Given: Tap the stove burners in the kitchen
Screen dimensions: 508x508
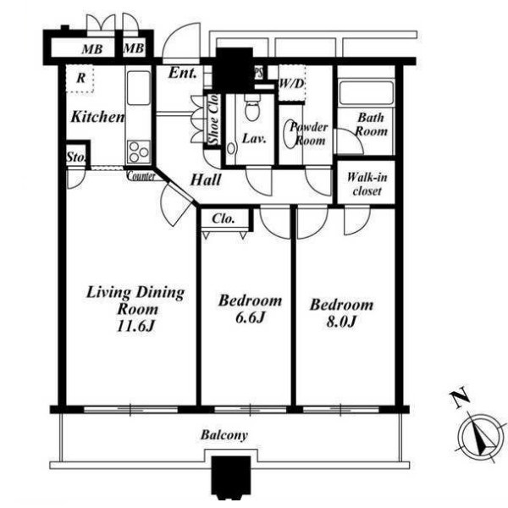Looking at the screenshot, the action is (139, 152).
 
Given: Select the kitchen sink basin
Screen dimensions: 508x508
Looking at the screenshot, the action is (139, 88).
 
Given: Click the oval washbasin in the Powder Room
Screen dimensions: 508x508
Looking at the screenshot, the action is (290, 134).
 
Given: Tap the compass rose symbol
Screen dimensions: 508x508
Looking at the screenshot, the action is (479, 439).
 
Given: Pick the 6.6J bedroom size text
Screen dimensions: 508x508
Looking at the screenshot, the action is (250, 317).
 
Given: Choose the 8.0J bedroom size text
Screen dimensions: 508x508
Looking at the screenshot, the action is (341, 322).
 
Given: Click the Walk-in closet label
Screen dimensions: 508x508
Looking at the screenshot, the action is (367, 184).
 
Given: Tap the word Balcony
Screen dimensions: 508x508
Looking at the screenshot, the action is (224, 435).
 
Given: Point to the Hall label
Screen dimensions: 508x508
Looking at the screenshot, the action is (206, 179).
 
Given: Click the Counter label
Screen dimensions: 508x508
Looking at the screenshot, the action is (141, 176).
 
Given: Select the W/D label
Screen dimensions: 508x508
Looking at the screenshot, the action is (291, 84).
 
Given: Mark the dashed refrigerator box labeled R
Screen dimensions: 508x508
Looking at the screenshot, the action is (80, 79).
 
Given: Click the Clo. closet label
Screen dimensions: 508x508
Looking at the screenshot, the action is (223, 218).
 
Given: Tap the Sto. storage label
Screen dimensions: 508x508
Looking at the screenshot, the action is (76, 157).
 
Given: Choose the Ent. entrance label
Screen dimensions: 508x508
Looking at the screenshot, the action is (183, 73).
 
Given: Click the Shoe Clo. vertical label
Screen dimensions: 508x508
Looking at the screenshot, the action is (214, 119).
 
